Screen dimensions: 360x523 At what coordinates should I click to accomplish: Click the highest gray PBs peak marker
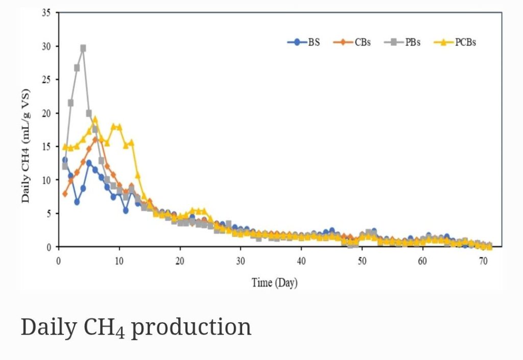pyautogui.click(x=83, y=48)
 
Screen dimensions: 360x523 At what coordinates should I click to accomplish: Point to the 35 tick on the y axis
pyautogui.click(x=46, y=13)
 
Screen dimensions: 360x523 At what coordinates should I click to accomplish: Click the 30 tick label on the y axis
pyautogui.click(x=46, y=46)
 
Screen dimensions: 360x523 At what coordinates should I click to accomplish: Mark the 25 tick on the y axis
pyautogui.click(x=46, y=80)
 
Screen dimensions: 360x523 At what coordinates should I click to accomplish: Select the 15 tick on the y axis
pyautogui.click(x=46, y=147)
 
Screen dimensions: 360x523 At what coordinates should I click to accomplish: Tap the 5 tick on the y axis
pyautogui.click(x=49, y=213)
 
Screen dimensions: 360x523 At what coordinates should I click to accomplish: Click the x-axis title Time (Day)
pyautogui.click(x=274, y=282)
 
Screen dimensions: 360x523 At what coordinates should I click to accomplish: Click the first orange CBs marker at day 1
pyautogui.click(x=65, y=194)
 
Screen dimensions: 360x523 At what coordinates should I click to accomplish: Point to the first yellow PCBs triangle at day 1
pyautogui.click(x=65, y=147)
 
